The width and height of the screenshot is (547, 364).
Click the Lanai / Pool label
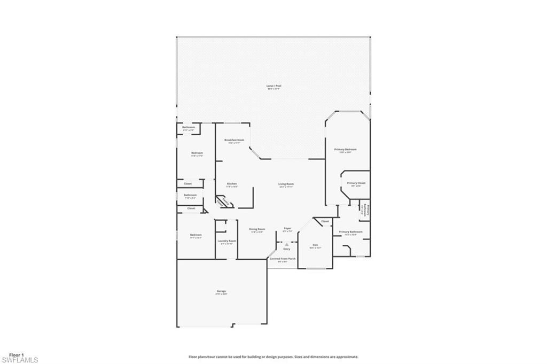click(x=274, y=86)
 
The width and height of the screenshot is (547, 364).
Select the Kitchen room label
click(x=231, y=184)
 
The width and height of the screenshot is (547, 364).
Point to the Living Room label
click(x=286, y=184)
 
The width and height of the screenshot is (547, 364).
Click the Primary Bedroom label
click(x=345, y=149)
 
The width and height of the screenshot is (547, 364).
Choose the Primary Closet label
click(x=356, y=183)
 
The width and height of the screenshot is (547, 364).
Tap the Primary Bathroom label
click(x=350, y=232)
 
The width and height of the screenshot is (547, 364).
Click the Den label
click(x=315, y=245)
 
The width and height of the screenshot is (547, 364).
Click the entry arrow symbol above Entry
click(x=287, y=244)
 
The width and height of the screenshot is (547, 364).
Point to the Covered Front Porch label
click(x=283, y=259)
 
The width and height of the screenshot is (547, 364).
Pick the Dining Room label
click(x=257, y=229)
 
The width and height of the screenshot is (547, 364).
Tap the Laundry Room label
click(x=226, y=241)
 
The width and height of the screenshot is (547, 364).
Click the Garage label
click(x=221, y=291)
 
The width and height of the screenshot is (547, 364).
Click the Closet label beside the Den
click(x=325, y=221)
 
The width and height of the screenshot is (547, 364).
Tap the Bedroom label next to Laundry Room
click(x=196, y=235)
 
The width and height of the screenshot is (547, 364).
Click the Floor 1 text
click(x=17, y=354)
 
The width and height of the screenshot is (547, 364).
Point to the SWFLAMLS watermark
click(x=20, y=360)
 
